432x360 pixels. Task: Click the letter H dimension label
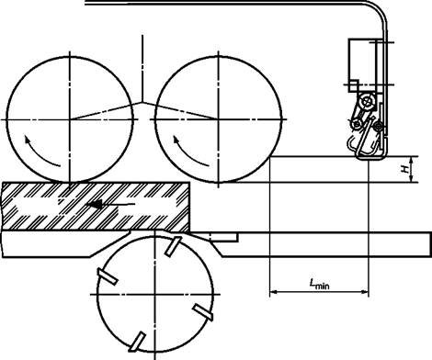(405, 169)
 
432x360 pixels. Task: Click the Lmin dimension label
(320, 284)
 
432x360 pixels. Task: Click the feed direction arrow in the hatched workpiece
(111, 204)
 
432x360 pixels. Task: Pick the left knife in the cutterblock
(108, 276)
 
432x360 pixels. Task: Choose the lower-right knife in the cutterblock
(202, 312)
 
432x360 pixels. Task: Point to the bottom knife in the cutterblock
(137, 342)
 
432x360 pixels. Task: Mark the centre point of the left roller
(70, 119)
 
